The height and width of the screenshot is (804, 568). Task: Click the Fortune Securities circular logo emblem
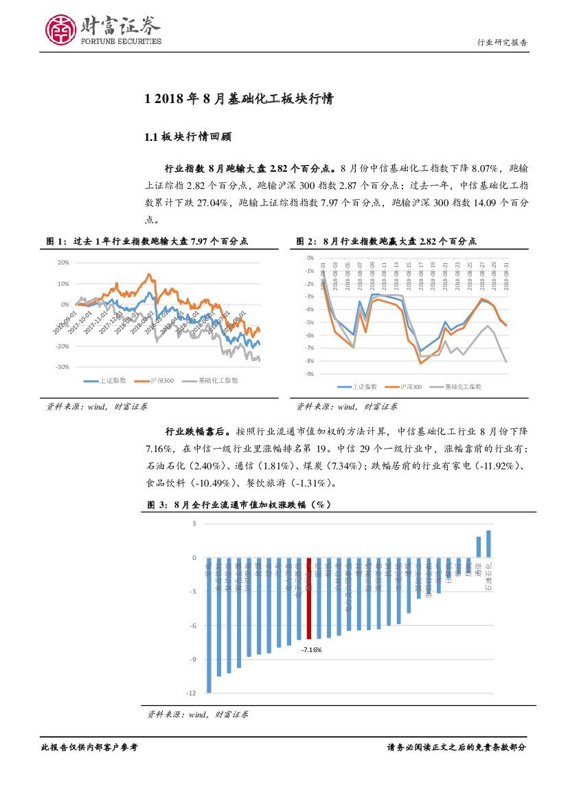(60, 30)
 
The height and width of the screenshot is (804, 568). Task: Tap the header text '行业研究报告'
(502, 43)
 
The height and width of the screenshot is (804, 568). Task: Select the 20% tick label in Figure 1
(63, 263)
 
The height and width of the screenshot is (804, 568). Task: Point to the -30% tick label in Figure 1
(63, 367)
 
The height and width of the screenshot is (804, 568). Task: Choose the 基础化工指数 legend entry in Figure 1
(212, 380)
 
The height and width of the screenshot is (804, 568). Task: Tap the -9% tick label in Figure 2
(310, 374)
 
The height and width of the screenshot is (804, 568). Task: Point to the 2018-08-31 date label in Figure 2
(506, 276)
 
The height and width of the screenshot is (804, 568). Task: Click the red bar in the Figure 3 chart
(310, 599)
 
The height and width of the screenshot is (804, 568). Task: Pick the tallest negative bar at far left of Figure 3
(209, 625)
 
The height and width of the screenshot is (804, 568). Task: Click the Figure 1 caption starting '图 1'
(147, 241)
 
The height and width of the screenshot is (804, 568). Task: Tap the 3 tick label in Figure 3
(194, 524)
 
